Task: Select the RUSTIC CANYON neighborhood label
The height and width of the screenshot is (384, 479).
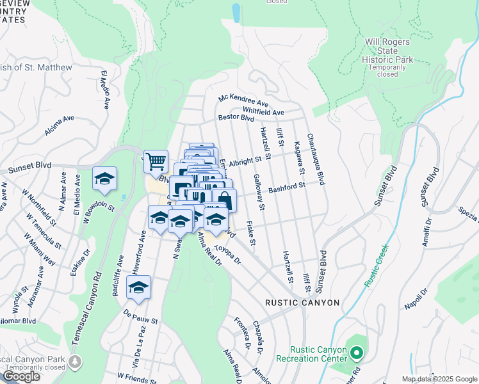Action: pos(303,303)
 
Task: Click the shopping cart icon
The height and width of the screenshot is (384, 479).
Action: pos(156,162)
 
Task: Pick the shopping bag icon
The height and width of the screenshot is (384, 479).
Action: pos(224,200)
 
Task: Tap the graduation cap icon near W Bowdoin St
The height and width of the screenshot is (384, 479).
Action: pos(104,180)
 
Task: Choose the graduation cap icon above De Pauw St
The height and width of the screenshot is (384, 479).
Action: pos(138,289)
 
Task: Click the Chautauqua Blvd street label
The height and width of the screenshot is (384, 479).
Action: pos(315,160)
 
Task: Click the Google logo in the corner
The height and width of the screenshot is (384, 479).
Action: pos(21,376)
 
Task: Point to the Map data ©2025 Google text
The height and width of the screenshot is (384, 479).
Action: pos(439,379)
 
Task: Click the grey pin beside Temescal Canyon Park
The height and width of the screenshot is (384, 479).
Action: pos(76,362)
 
